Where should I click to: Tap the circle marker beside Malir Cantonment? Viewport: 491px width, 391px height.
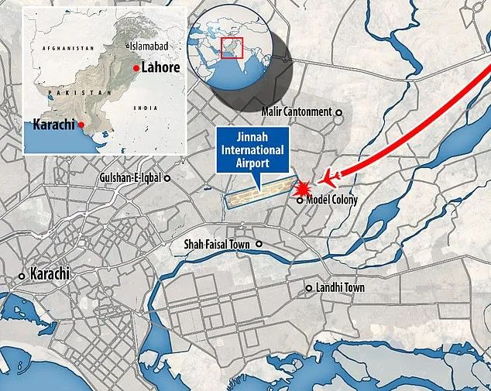(338, 112)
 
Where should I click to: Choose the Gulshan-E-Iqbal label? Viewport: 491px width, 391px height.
(130, 178)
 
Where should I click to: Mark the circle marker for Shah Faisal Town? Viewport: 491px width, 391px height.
(259, 245)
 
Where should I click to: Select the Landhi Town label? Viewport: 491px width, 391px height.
(340, 288)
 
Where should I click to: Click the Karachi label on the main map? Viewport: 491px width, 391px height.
(50, 274)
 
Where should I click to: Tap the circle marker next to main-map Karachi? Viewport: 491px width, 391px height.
(22, 276)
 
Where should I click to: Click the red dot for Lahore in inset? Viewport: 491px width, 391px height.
(136, 69)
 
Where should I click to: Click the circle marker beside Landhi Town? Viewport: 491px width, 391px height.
(311, 289)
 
